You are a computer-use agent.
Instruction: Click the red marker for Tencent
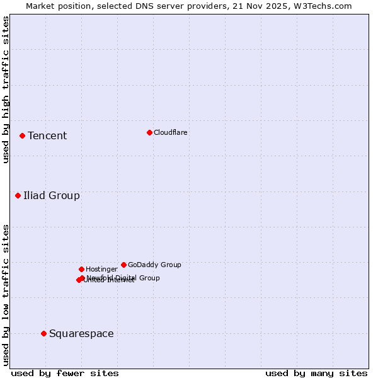pyautogui.click(x=22, y=135)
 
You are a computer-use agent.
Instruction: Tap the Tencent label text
pyautogui.click(x=47, y=136)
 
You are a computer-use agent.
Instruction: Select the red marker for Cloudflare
pyautogui.click(x=149, y=132)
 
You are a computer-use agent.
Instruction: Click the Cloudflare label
pyautogui.click(x=170, y=132)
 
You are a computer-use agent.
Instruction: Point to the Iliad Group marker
pyautogui.click(x=18, y=195)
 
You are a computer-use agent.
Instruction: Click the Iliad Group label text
pyautogui.click(x=52, y=195)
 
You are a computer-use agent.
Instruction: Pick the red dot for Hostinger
pyautogui.click(x=81, y=269)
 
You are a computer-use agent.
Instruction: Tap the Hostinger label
pyautogui.click(x=101, y=269)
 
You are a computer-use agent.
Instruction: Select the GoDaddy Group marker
pyautogui.click(x=123, y=265)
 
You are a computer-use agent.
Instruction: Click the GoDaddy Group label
pyautogui.click(x=154, y=265)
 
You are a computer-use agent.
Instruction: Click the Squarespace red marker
pyautogui.click(x=43, y=333)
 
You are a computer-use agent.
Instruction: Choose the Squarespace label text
pyautogui.click(x=81, y=333)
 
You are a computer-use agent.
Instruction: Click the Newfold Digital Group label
pyautogui.click(x=123, y=277)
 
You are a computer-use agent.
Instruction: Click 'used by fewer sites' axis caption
pyautogui.click(x=65, y=373)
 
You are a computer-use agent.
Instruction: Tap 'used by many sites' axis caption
pyautogui.click(x=316, y=373)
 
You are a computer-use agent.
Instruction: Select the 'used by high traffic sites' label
pyautogui.click(x=6, y=89)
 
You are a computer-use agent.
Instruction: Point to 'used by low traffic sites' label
pyautogui.click(x=6, y=294)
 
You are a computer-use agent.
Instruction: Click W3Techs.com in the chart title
pyautogui.click(x=323, y=6)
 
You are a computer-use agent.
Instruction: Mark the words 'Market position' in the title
pyautogui.click(x=55, y=6)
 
